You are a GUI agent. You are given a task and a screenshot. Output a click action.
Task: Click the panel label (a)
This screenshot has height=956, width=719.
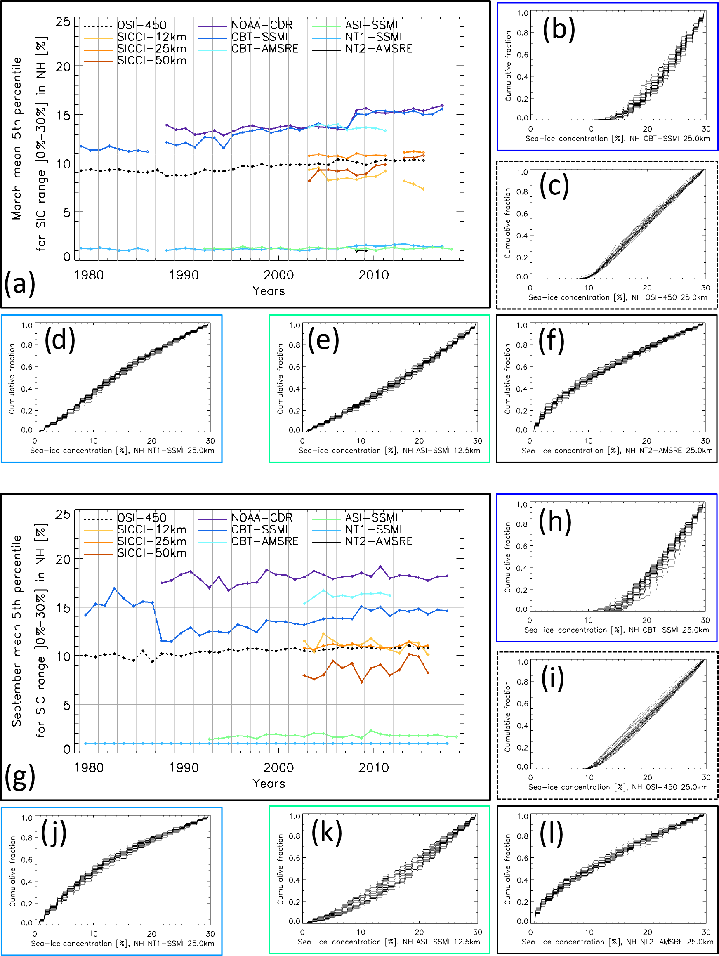tap(19, 284)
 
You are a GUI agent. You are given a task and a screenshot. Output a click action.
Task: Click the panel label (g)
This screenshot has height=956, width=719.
tap(19, 777)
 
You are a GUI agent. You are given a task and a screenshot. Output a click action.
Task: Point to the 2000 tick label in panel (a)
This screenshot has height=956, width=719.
tap(279, 275)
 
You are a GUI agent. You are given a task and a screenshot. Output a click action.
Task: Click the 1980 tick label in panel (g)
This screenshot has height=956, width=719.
tap(89, 767)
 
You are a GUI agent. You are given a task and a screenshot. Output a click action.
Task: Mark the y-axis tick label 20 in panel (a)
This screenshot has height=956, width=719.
tap(63, 66)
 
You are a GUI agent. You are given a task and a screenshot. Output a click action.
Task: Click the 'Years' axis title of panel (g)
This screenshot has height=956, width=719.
tap(269, 784)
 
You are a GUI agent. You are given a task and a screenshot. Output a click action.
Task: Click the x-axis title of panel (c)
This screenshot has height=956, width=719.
tap(618, 297)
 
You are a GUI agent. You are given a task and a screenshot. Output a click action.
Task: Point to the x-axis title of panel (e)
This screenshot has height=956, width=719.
tap(389, 450)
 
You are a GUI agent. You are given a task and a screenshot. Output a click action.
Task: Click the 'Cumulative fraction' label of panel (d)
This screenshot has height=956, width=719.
tap(12, 379)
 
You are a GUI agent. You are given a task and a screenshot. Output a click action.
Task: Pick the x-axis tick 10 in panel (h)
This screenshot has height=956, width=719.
tap(589, 620)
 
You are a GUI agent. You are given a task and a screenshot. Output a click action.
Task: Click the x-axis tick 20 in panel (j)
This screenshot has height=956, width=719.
tap(152, 934)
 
